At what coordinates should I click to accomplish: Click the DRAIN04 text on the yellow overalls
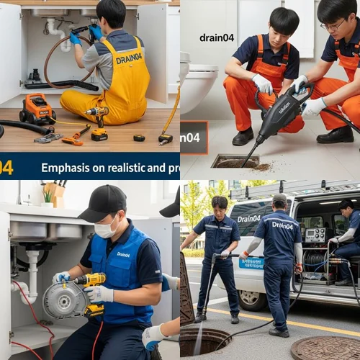click(129, 58)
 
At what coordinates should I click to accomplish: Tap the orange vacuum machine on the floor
click(37, 109)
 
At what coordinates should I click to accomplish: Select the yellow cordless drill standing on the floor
click(96, 122)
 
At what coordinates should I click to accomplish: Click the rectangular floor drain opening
click(235, 161)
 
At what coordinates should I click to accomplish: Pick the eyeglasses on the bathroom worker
click(333, 26)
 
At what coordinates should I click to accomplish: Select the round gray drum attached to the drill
click(67, 299)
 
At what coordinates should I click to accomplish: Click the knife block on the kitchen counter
click(58, 195)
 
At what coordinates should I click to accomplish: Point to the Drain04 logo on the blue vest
click(123, 254)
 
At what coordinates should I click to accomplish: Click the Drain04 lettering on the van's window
click(248, 217)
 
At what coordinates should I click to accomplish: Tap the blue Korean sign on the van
click(251, 262)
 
